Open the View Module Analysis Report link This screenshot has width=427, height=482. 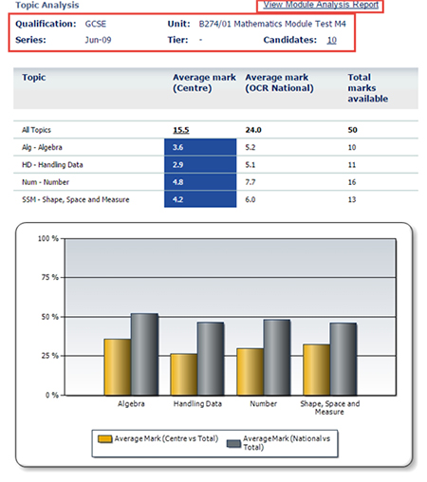[321, 5]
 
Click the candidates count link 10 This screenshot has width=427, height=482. [331, 40]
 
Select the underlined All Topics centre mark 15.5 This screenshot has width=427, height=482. [181, 130]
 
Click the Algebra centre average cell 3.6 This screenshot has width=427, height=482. [200, 147]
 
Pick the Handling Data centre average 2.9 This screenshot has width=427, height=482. [200, 164]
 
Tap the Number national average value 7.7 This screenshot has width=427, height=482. [251, 182]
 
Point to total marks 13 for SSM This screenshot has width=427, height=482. [352, 199]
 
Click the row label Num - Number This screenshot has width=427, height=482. [46, 182]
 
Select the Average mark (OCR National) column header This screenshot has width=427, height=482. [279, 83]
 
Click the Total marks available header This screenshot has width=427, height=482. [368, 88]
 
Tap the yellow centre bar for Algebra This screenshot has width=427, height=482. [118, 367]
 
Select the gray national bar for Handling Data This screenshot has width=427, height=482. [211, 359]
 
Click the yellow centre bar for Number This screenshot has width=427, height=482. [251, 372]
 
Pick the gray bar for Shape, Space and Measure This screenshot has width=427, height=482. [343, 359]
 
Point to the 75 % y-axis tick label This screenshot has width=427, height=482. [50, 277]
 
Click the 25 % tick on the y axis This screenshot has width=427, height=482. [50, 356]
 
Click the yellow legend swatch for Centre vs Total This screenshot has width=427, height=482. [105, 439]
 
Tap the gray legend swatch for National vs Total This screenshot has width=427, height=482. [233, 444]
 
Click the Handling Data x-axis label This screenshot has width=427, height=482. [197, 404]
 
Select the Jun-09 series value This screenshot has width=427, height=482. [98, 40]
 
